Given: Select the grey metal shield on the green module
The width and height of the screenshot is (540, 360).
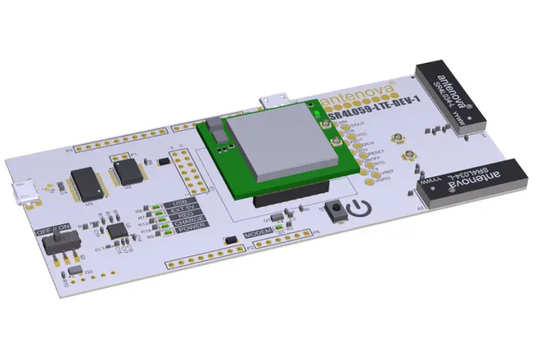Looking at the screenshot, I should pyautogui.click(x=276, y=136).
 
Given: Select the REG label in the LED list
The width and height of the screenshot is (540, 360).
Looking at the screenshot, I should pyautogui.click(x=182, y=215).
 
